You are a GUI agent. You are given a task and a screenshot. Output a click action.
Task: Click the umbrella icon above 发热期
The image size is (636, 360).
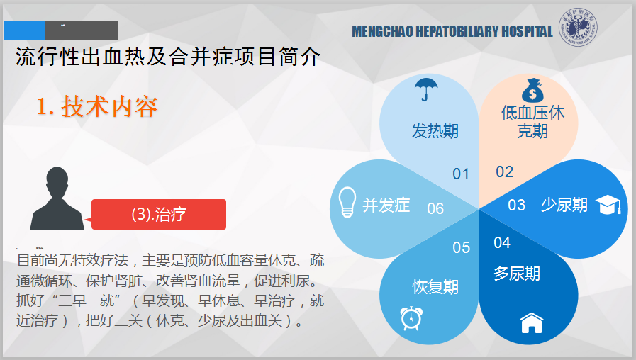[426, 89]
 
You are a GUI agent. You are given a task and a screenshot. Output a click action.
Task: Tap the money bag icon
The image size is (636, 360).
[532, 91]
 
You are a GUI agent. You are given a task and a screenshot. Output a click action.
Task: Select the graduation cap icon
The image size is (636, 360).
[608, 204]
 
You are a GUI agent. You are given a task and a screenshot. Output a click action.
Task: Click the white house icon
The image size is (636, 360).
[532, 322]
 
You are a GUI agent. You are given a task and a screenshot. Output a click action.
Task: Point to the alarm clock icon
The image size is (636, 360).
[411, 318]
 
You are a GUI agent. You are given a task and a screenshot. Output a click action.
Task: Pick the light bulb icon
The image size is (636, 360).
[347, 202]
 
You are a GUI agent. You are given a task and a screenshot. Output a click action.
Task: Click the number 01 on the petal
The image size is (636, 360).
[461, 174]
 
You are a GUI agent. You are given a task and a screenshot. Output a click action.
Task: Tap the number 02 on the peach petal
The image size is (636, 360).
[505, 172]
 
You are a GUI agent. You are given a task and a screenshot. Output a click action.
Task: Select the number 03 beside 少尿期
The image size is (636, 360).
[516, 205]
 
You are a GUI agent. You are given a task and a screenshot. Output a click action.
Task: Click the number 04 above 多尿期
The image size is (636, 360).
[502, 243]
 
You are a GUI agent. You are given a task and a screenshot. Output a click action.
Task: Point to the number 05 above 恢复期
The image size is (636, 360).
[461, 248]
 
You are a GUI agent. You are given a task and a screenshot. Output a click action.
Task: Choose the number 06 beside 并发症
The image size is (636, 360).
[435, 209]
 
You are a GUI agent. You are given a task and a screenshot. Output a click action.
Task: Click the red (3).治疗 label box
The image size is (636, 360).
[159, 214]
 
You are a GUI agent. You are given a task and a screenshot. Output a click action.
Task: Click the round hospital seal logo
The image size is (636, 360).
[578, 27]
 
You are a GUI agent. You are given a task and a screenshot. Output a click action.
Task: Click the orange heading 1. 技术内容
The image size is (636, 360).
[97, 106]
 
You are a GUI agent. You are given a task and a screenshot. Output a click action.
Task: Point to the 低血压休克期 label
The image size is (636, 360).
[532, 122]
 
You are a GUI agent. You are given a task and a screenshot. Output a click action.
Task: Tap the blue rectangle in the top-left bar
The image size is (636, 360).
[24, 30]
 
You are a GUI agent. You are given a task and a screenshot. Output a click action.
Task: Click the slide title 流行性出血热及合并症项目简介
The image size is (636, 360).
[168, 57]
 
